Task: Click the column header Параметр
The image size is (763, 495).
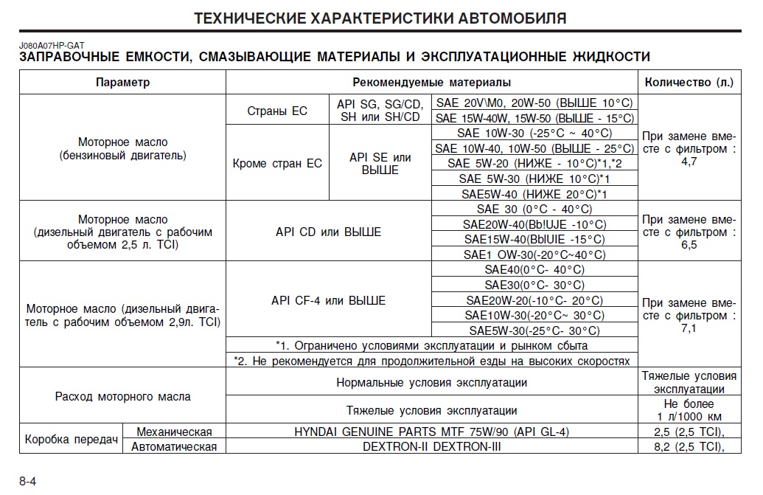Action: coord(122,83)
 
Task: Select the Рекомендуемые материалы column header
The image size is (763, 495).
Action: coord(431,83)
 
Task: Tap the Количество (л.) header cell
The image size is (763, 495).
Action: coord(689,83)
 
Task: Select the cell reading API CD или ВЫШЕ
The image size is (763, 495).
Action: coord(328,232)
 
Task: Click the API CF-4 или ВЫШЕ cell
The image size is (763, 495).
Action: coord(328,300)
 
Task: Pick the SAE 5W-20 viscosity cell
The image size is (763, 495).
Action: coord(534,163)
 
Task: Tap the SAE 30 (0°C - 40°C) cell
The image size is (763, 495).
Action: coord(534,209)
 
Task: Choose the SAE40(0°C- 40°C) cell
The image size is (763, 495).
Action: coord(534,269)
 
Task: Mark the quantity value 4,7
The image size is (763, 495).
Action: coord(689,161)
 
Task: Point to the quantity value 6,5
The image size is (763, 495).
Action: coord(689,244)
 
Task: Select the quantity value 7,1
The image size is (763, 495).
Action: coord(689,328)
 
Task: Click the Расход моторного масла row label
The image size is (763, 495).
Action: coord(122,396)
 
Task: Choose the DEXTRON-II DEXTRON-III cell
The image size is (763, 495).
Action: coord(431,446)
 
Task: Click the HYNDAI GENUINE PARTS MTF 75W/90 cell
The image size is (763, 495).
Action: coord(431,432)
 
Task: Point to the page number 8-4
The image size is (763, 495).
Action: coord(28,481)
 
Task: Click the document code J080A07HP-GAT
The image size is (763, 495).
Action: coord(52,46)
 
